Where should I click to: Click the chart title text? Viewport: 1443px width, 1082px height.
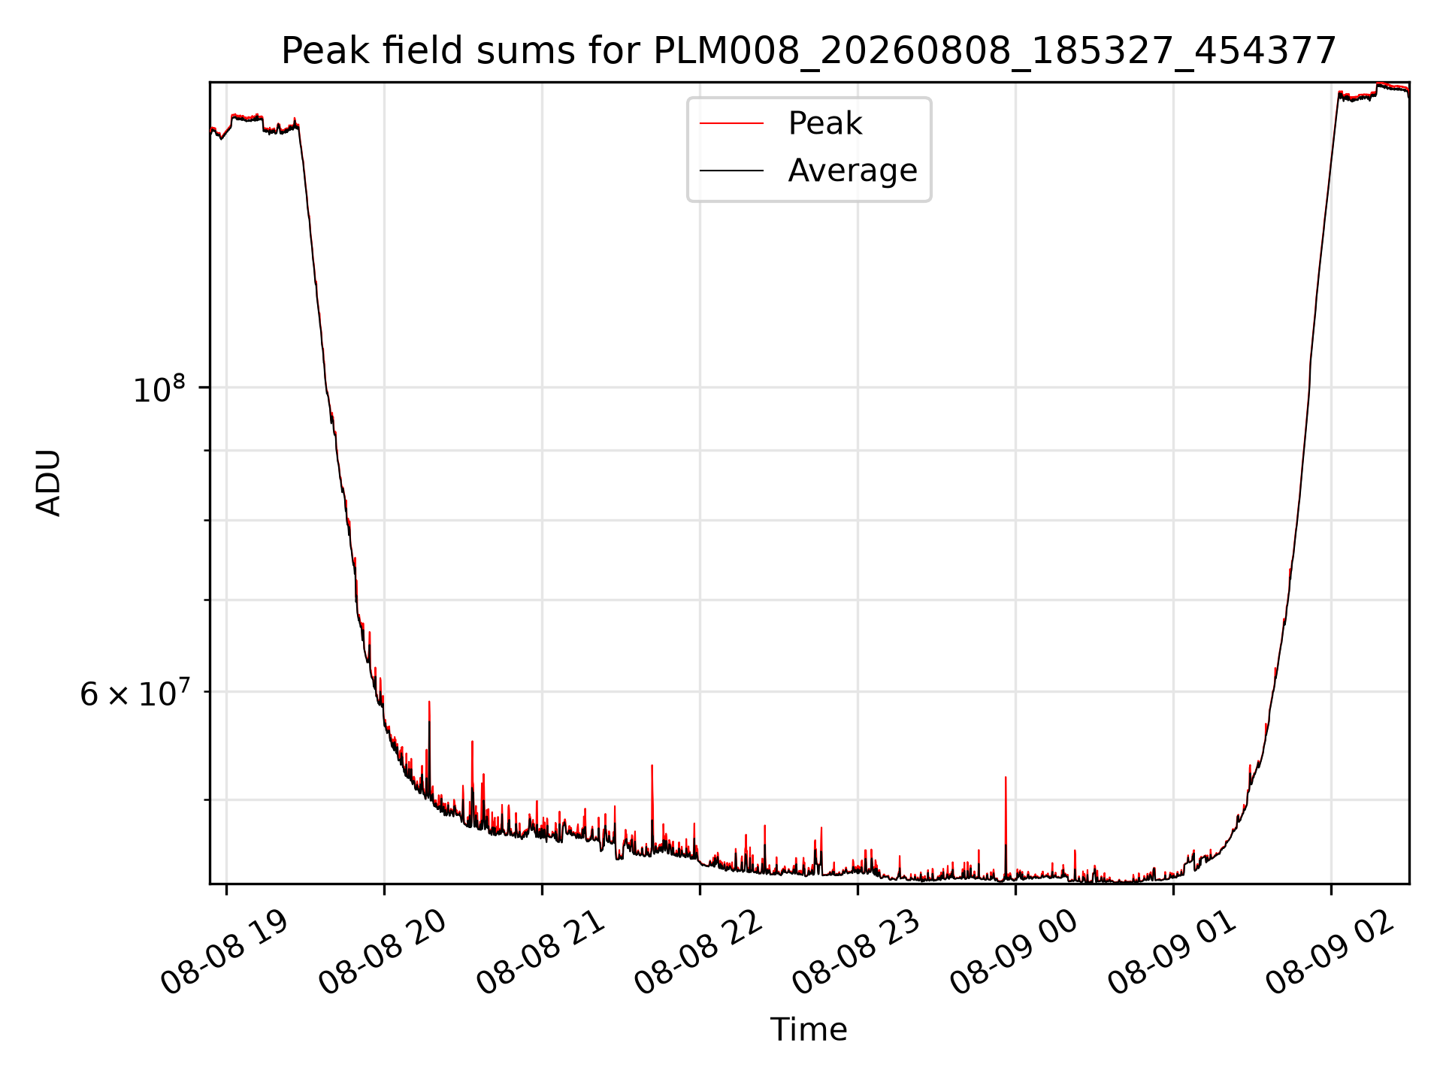pyautogui.click(x=809, y=52)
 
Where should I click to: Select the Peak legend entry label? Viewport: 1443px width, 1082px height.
pyautogui.click(x=824, y=123)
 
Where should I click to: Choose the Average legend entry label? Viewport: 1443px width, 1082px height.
pyautogui.click(x=852, y=171)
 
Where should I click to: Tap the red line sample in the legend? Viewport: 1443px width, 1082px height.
pyautogui.click(x=731, y=124)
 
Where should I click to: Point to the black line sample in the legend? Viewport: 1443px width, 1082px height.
pyautogui.click(x=731, y=171)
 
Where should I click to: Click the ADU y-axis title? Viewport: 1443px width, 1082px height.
pyautogui.click(x=49, y=482)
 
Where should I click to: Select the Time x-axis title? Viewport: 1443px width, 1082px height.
pyautogui.click(x=809, y=1029)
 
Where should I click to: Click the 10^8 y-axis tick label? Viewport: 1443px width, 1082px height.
pyautogui.click(x=159, y=389)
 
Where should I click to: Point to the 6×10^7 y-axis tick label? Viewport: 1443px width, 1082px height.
pyautogui.click(x=133, y=694)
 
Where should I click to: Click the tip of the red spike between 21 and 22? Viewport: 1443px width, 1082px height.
pyautogui.click(x=652, y=765)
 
